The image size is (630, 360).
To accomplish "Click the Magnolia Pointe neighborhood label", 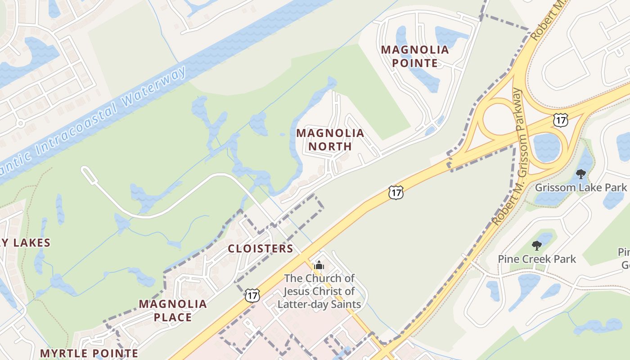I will [415, 56].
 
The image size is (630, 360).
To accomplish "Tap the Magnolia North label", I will [330, 139].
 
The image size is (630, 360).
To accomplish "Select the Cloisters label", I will [261, 248].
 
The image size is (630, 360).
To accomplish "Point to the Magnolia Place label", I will [173, 310].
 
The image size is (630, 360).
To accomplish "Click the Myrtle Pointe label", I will [89, 353].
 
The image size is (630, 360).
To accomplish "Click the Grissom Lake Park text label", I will [580, 187].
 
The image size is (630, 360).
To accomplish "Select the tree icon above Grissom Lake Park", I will [581, 174].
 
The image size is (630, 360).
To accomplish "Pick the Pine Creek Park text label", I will [537, 259].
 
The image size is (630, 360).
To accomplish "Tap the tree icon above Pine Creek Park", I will [536, 246].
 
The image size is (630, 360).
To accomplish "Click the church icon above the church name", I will [319, 265].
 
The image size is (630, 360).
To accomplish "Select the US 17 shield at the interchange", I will [561, 120].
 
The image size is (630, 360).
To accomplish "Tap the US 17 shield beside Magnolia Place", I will [252, 295].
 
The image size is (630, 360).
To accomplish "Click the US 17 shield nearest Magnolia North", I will [396, 193].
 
